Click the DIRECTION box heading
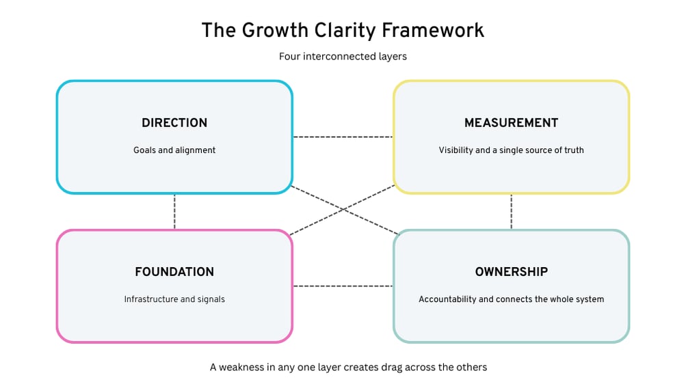pyautogui.click(x=174, y=123)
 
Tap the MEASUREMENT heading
pyautogui.click(x=511, y=123)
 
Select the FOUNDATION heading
pyautogui.click(x=174, y=272)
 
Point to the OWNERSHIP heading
pyautogui.click(x=511, y=272)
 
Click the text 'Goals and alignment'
pyautogui.click(x=174, y=150)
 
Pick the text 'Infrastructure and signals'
pyautogui.click(x=174, y=299)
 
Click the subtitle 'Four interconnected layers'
pyautogui.click(x=343, y=57)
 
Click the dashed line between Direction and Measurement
pyautogui.click(x=343, y=137)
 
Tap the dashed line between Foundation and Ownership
pyautogui.click(x=343, y=286)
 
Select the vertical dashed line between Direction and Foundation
pyautogui.click(x=174, y=212)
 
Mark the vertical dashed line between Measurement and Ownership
pyautogui.click(x=511, y=212)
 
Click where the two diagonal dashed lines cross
pyautogui.click(x=343, y=210)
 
